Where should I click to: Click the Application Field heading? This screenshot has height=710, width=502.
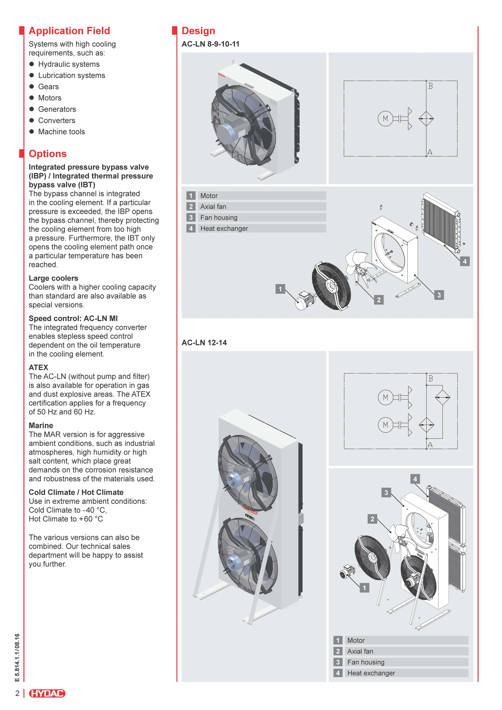[69, 31]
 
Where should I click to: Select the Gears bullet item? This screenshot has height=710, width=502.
[48, 87]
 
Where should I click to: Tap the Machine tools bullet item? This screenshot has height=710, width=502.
[61, 132]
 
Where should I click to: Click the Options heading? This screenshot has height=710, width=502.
[48, 154]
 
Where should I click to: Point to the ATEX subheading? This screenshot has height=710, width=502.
[38, 367]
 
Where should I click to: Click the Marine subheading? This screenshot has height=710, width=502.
[41, 425]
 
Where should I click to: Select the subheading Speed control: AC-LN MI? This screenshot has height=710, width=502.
[73, 318]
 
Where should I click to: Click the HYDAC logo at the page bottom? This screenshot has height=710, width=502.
[47, 693]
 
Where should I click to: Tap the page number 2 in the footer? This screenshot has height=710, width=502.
[18, 693]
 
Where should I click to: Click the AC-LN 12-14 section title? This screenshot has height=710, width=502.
[204, 343]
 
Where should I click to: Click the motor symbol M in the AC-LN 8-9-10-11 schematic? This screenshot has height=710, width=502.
[385, 118]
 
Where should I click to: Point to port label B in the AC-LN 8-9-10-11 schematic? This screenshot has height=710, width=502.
[430, 86]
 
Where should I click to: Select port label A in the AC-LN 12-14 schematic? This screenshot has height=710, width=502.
[430, 445]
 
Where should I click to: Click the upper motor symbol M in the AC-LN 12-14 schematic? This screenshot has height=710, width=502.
[385, 397]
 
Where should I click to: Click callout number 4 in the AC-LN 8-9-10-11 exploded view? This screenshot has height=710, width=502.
[465, 261]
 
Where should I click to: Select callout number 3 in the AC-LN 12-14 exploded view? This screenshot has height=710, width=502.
[386, 492]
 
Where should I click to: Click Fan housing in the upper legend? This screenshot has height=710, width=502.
[219, 217]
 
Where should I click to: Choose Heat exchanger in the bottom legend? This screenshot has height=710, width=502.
[371, 673]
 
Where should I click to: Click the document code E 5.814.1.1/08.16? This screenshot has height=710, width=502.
[17, 657]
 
